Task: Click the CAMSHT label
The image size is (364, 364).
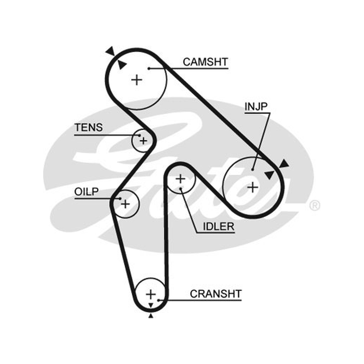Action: tap(205, 62)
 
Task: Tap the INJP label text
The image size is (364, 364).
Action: tap(256, 106)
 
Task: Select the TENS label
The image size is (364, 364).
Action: tap(88, 127)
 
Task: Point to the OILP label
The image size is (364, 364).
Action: tap(86, 192)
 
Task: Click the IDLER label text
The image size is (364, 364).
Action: tap(219, 227)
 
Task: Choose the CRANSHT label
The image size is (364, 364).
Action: tap(216, 294)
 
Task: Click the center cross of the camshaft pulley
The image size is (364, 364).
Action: tap(137, 80)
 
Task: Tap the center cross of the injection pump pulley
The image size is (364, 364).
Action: tap(253, 187)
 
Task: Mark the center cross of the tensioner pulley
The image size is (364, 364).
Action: tap(143, 141)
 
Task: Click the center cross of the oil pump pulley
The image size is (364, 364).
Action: tap(126, 204)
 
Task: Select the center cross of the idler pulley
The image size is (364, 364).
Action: tap(180, 179)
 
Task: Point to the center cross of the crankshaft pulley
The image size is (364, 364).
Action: tap(151, 294)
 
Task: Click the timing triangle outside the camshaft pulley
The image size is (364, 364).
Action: tap(111, 51)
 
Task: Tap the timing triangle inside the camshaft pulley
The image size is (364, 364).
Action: tap(121, 65)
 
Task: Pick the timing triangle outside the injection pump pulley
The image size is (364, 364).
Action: tap(284, 164)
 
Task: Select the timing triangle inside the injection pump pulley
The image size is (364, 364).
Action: tap(270, 175)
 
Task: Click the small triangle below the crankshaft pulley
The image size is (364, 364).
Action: tap(151, 315)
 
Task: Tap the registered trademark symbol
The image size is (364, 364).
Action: tap(314, 206)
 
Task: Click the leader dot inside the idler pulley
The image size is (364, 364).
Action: tap(181, 188)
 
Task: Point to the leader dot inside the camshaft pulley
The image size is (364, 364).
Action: tap(149, 69)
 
